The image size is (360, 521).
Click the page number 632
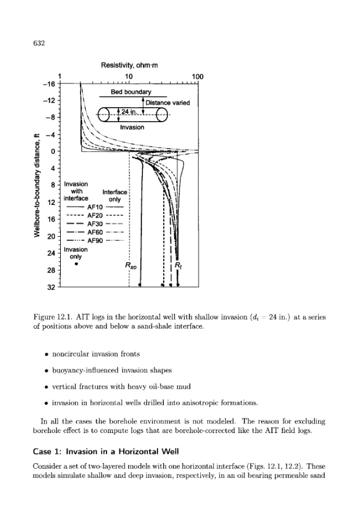[39, 43]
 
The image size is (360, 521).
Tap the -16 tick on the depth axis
[49, 84]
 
